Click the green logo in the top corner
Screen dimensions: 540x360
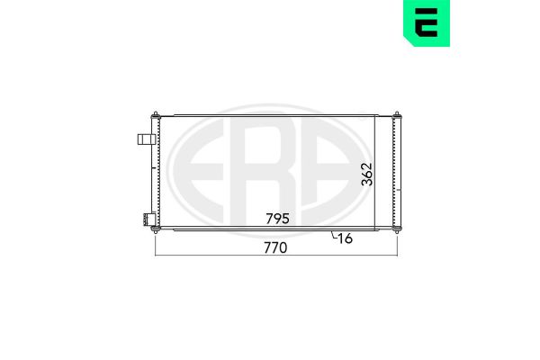(x=427, y=23)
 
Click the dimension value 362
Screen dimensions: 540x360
(x=367, y=174)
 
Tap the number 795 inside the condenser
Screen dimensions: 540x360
(x=277, y=219)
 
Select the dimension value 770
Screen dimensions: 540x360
(x=275, y=247)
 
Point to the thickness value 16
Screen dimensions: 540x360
(x=345, y=238)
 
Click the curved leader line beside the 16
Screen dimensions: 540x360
(x=333, y=235)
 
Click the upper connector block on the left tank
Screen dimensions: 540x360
(x=147, y=139)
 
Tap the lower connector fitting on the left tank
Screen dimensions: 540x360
(x=148, y=220)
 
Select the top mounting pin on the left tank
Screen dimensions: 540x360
(x=156, y=115)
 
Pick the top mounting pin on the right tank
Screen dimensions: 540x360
(x=397, y=115)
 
